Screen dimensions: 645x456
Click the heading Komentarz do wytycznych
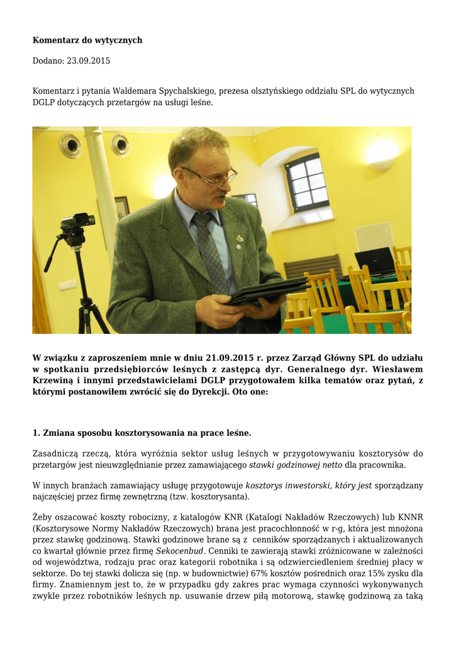coord(87,40)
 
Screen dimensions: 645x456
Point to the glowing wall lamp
coord(382,153)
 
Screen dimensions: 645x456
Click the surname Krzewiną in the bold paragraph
coord(56,380)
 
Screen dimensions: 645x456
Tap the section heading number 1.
coord(36,433)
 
